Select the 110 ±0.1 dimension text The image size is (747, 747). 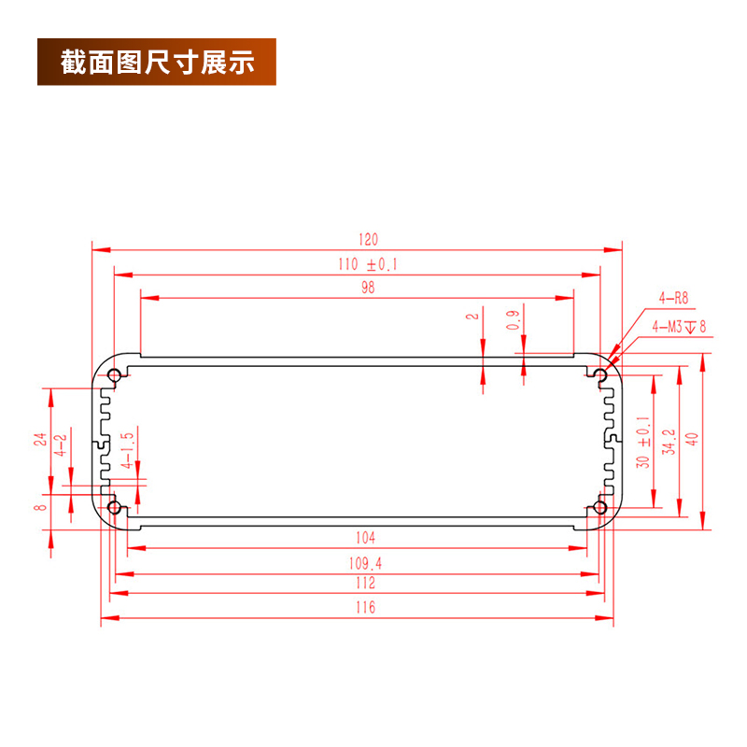368,264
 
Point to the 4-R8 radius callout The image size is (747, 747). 672,299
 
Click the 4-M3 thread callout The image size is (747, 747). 680,327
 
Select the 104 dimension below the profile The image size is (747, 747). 366,539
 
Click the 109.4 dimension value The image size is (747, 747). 366,563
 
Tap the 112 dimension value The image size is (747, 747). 366,583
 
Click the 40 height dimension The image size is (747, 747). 692,439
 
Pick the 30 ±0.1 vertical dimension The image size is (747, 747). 642,442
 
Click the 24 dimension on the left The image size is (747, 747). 40,439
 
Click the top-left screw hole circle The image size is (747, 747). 115,376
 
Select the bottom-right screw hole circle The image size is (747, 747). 600,508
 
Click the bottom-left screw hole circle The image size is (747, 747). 115,508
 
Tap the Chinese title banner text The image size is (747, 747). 157,63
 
